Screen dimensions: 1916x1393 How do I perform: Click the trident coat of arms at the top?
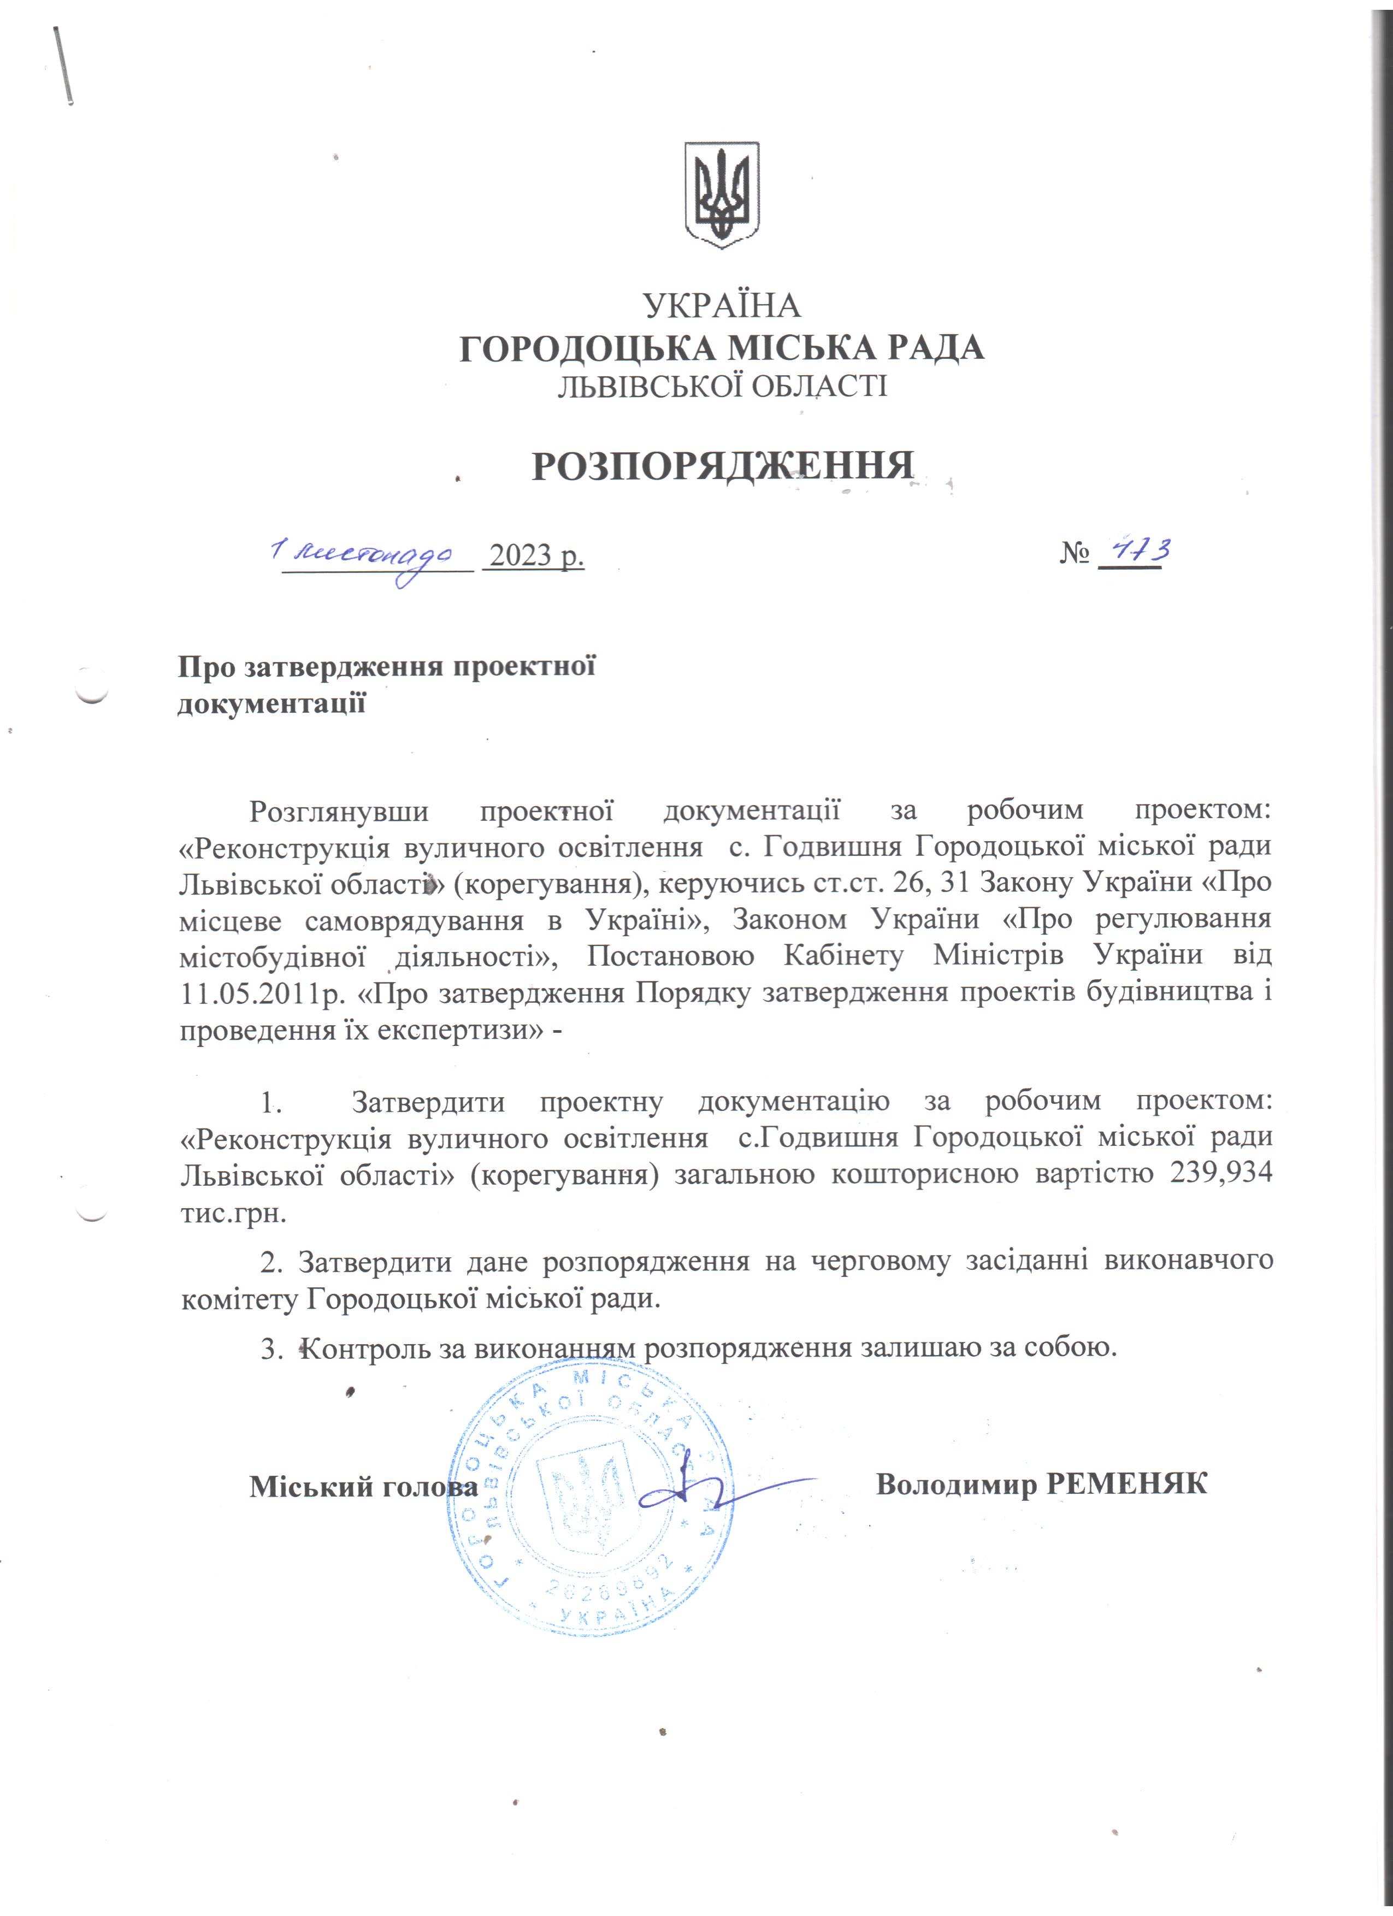722,194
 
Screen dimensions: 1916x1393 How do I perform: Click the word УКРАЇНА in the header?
722,305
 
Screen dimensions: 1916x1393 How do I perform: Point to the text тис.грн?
234,1213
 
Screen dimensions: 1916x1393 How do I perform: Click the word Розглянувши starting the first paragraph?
339,810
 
